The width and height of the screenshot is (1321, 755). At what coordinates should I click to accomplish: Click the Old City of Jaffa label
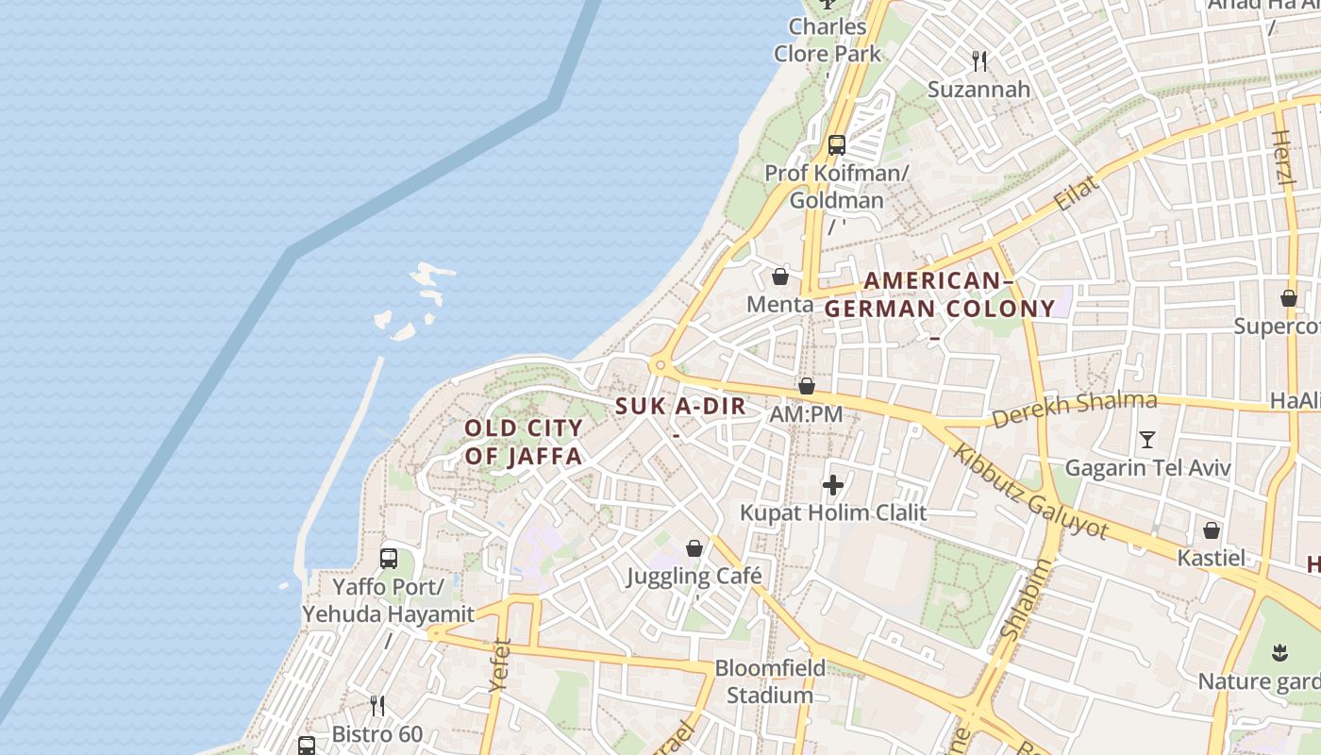[x=524, y=442]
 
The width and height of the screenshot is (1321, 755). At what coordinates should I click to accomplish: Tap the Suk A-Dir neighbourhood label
[x=680, y=407]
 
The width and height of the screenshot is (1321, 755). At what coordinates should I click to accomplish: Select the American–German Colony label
[x=939, y=294]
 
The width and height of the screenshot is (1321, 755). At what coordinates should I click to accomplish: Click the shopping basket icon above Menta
[x=780, y=277]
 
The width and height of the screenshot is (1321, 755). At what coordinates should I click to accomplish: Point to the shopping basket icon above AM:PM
[x=807, y=386]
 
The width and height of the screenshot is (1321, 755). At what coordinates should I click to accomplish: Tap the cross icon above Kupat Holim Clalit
[x=832, y=485]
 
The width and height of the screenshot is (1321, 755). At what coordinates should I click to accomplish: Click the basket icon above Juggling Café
[x=694, y=548]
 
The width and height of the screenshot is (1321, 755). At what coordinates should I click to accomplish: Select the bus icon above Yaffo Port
[x=389, y=558]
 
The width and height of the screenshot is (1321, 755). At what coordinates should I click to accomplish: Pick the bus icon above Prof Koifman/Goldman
[x=836, y=144]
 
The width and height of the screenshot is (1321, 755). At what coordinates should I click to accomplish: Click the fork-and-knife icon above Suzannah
[x=979, y=61]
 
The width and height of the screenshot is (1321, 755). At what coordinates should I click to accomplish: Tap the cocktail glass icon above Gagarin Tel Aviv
[x=1147, y=439]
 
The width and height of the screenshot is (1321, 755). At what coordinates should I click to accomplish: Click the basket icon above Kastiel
[x=1212, y=530]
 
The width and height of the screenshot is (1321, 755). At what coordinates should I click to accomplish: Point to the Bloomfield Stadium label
[x=770, y=681]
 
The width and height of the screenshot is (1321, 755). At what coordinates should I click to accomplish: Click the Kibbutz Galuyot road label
[x=1030, y=490]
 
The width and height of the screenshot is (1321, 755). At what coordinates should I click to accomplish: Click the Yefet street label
[x=500, y=665]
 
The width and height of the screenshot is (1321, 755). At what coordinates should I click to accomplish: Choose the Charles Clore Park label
[x=828, y=40]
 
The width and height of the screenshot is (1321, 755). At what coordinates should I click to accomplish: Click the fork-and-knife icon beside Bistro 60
[x=377, y=705]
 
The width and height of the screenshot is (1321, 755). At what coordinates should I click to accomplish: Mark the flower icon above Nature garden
[x=1280, y=652]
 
